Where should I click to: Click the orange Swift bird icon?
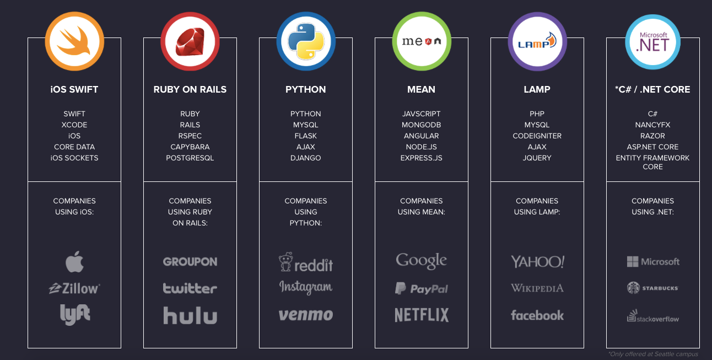74,41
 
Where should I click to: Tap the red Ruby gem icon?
190,41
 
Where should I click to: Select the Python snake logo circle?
306,41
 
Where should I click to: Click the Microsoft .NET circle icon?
653,41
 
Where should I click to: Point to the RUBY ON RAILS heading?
190,89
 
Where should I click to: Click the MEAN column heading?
422,89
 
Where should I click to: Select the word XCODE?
74,125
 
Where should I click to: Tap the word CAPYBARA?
190,147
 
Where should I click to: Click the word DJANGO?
306,158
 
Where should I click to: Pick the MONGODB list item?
422,125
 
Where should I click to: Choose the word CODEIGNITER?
537,136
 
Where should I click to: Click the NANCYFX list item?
653,125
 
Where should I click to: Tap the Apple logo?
74,262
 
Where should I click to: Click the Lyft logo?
75,314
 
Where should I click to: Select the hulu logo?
190,316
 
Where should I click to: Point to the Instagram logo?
306,288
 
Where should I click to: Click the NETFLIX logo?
422,315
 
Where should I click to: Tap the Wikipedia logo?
537,288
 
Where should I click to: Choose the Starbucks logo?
653,288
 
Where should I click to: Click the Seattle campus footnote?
653,354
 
